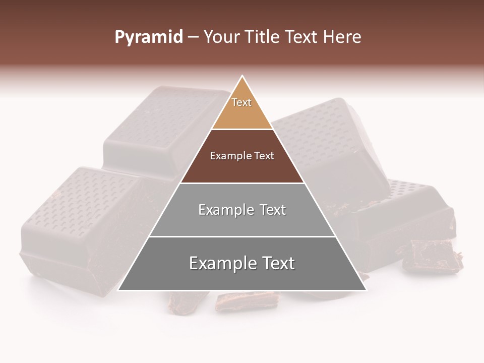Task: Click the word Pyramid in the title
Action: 148,37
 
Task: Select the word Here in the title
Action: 342,37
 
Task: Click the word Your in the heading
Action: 221,37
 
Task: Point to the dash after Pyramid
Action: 193,38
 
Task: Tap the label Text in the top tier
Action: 241,102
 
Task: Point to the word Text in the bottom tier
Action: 275,263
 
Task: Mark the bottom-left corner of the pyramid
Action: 118,290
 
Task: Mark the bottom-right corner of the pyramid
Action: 366,290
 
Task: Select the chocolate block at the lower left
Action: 76,227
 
